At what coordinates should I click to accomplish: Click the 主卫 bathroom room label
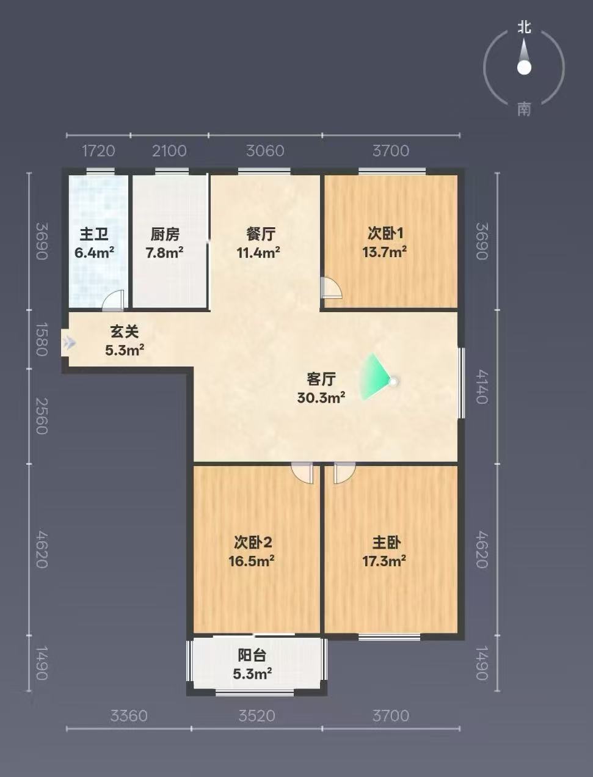point(94,235)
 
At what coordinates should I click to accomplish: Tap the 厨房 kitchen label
point(165,235)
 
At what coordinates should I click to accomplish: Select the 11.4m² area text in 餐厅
point(259,253)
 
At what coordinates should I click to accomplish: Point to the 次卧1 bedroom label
point(385,233)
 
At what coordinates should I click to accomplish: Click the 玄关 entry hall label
point(125,332)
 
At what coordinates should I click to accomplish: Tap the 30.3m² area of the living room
point(321,398)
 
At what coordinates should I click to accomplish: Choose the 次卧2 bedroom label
point(253,542)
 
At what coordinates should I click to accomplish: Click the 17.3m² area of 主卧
point(384,561)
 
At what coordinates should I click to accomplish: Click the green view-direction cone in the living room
point(375,377)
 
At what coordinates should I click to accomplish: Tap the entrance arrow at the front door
point(70,343)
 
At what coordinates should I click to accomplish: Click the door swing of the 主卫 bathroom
point(113,300)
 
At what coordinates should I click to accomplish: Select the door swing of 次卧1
point(332,288)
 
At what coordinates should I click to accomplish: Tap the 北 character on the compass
point(524,27)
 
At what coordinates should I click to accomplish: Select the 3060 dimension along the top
point(266,151)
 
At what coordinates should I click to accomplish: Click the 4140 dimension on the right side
point(482,387)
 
